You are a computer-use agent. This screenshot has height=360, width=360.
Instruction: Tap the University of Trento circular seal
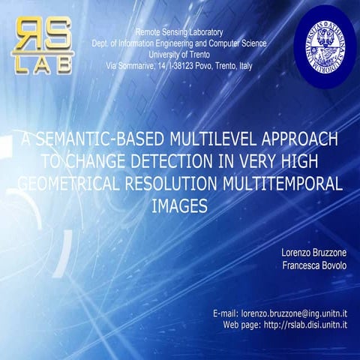[323, 44]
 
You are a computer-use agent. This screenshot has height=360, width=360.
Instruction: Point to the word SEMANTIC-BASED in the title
[103, 139]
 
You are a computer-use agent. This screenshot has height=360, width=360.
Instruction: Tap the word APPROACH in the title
[298, 139]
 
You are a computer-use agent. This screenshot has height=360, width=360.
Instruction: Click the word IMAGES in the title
[179, 204]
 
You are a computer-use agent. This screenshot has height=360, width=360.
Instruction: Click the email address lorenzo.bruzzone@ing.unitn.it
[299, 312]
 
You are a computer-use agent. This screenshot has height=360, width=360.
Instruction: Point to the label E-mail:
[225, 312]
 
